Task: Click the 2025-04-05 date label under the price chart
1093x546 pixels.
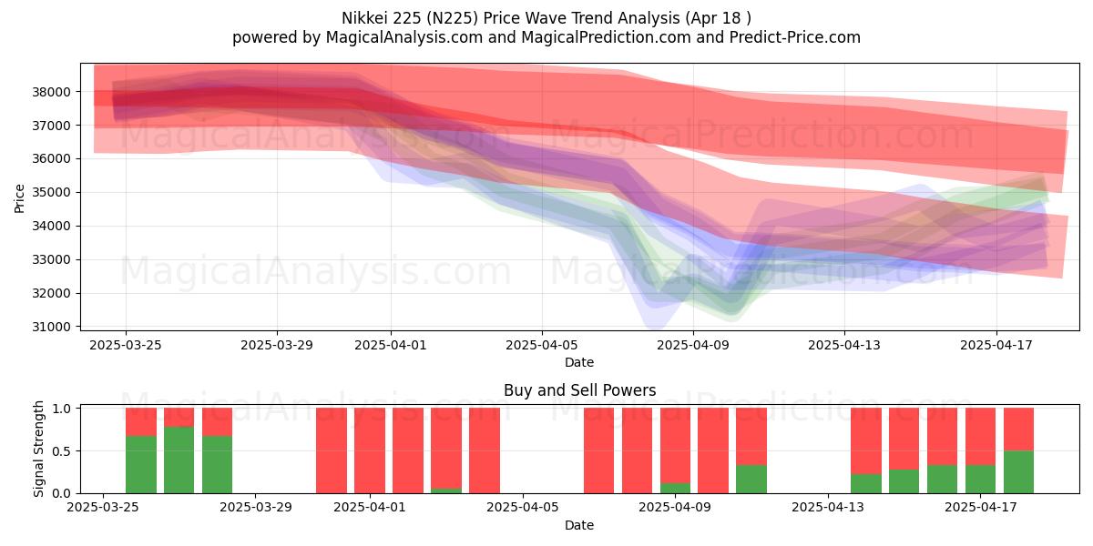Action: coord(542,345)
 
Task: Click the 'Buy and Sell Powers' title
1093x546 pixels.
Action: coord(579,390)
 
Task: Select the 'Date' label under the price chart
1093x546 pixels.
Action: coord(579,362)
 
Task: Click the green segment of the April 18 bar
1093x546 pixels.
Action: coord(1018,471)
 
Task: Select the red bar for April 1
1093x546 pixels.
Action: coord(370,450)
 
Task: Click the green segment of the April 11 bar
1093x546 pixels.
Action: coord(751,479)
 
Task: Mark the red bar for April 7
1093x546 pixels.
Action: coord(598,450)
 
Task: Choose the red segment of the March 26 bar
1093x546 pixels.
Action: coord(140,421)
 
